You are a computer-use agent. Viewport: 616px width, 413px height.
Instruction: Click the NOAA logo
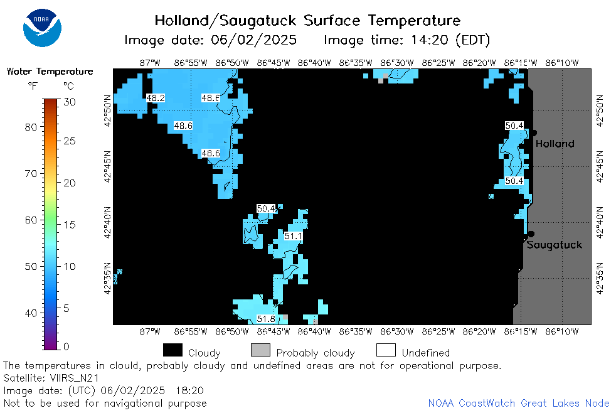click(x=42, y=28)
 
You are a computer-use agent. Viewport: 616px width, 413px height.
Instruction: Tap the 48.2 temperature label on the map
click(x=156, y=98)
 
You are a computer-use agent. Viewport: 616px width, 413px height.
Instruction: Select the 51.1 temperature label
click(x=293, y=236)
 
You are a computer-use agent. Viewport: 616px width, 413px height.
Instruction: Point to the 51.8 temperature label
click(x=266, y=319)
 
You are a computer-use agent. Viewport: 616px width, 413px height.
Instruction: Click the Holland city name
click(x=555, y=144)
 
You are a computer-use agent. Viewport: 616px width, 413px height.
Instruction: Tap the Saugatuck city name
click(x=554, y=245)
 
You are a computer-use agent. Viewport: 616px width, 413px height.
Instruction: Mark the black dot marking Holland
click(x=534, y=133)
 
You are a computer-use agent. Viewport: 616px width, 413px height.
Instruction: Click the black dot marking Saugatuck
click(x=531, y=234)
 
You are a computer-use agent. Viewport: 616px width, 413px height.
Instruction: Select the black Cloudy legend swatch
click(x=173, y=350)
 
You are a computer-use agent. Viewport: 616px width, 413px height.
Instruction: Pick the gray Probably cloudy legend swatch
click(x=260, y=350)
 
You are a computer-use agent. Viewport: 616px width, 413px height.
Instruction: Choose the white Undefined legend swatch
click(x=386, y=350)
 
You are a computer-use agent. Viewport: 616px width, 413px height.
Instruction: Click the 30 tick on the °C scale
click(x=70, y=102)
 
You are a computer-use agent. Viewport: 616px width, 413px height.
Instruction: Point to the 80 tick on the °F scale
click(x=31, y=127)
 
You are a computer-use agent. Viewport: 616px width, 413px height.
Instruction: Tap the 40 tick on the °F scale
click(x=31, y=313)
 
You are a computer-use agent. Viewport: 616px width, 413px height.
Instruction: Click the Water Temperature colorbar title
click(x=50, y=71)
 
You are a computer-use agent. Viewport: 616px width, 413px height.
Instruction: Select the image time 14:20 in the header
click(x=430, y=40)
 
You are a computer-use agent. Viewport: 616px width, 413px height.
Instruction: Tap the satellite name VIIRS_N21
click(x=74, y=378)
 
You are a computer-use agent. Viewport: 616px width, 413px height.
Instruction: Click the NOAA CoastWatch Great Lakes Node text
click(x=519, y=403)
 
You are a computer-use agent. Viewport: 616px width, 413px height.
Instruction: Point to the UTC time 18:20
click(x=189, y=390)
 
